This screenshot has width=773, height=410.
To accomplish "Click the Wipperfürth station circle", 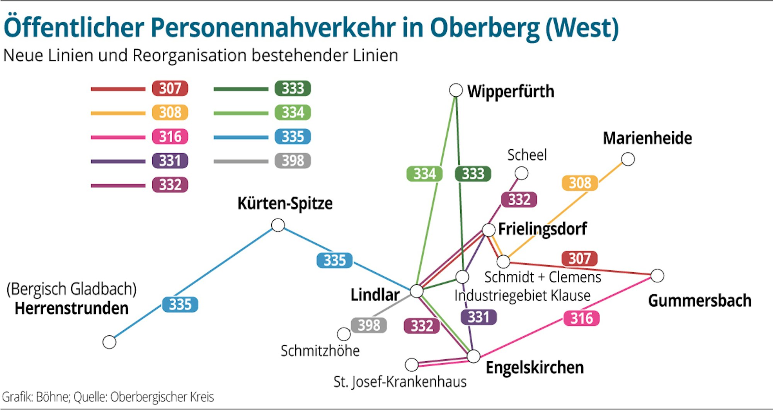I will pos(456,90).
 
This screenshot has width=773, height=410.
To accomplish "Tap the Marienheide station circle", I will pos(628,159).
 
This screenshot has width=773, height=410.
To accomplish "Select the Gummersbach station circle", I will pos(657,276).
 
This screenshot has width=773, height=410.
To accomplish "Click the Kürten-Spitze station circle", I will pos(278,225).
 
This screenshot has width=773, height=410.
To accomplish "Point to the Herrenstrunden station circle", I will pos(109,342).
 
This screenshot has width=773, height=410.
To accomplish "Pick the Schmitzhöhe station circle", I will pos(343,334).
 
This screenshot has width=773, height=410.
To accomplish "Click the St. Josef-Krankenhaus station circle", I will pos(412,364).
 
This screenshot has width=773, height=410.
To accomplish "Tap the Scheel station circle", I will pos(521,173).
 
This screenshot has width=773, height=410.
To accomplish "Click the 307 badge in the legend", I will pos(170,89).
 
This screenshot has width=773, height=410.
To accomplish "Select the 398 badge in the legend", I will pos(293,161).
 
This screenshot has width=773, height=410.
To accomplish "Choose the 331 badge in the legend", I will pos(170,161).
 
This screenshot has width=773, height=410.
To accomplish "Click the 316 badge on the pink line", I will pos(581,318).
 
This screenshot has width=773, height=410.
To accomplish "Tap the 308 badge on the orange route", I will pos(580,183).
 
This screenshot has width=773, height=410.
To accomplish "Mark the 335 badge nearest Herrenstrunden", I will pos(180,304).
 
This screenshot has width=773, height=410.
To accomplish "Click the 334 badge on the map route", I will pos(424,174).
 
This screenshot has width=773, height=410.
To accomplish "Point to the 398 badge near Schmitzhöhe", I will pos(369,325).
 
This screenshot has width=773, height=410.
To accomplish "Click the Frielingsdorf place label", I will pos(542,229).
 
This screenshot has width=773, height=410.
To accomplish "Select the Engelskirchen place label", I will pos(535,367).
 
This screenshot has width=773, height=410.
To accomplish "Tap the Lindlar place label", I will pos(375,295).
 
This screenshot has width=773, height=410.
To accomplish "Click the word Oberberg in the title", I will pos(485,28).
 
